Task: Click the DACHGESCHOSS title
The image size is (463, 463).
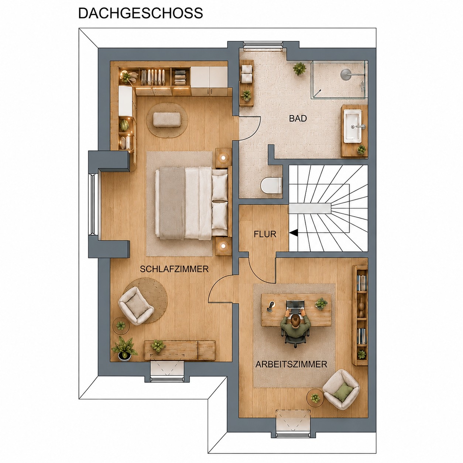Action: click(141, 13)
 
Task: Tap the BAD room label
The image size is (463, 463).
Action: click(298, 118)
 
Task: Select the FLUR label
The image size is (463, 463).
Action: click(265, 234)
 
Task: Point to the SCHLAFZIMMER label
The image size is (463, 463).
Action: click(174, 269)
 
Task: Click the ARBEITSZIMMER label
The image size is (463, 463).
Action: click(291, 364)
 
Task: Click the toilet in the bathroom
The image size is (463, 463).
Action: click(271, 185)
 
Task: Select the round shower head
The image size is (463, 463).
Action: click(346, 73)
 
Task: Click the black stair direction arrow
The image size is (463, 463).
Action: click(294, 233)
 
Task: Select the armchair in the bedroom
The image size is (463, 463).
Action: click(136, 306)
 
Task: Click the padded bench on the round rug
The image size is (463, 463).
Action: click(167, 119)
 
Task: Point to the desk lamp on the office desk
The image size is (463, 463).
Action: click(271, 306)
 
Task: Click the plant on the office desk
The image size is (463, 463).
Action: click(321, 303)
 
